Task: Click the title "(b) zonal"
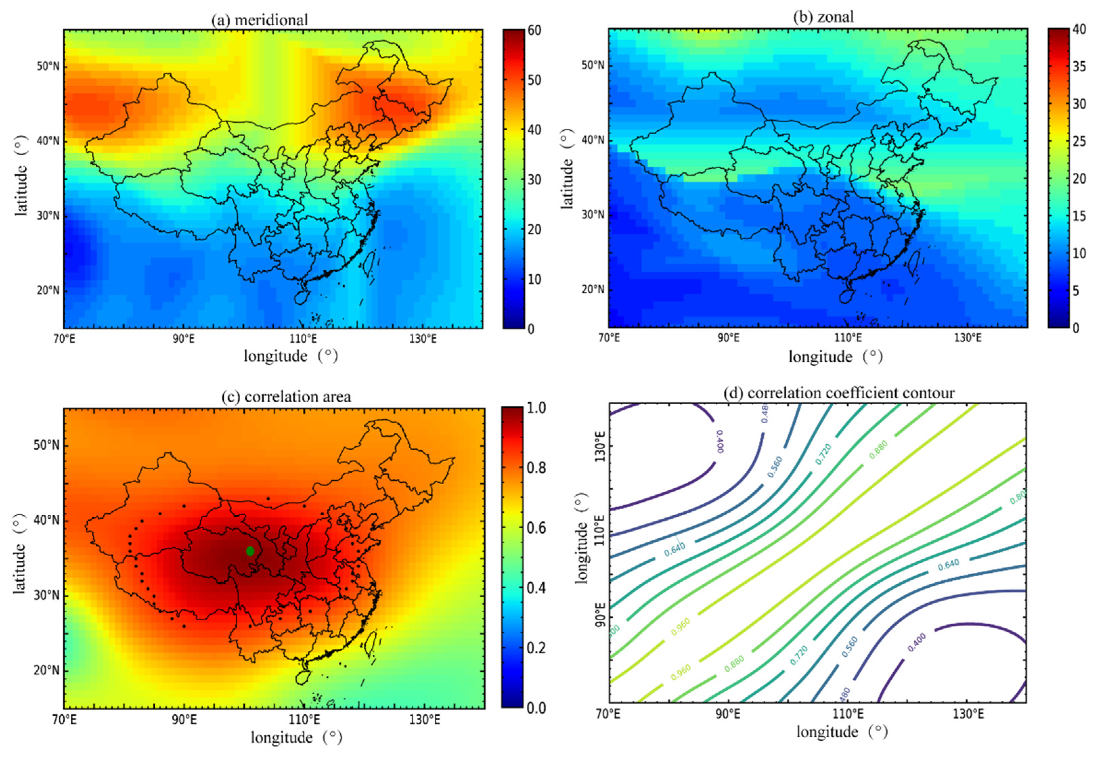click(x=823, y=17)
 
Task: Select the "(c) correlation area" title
click(x=286, y=397)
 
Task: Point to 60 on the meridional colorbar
click(x=534, y=30)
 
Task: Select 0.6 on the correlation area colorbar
click(x=536, y=528)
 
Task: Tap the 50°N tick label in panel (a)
click(x=48, y=66)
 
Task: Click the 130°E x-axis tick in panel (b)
click(x=967, y=338)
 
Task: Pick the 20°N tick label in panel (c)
click(x=47, y=670)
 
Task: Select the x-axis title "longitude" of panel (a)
click(x=275, y=356)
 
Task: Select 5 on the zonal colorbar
click(x=1076, y=291)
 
